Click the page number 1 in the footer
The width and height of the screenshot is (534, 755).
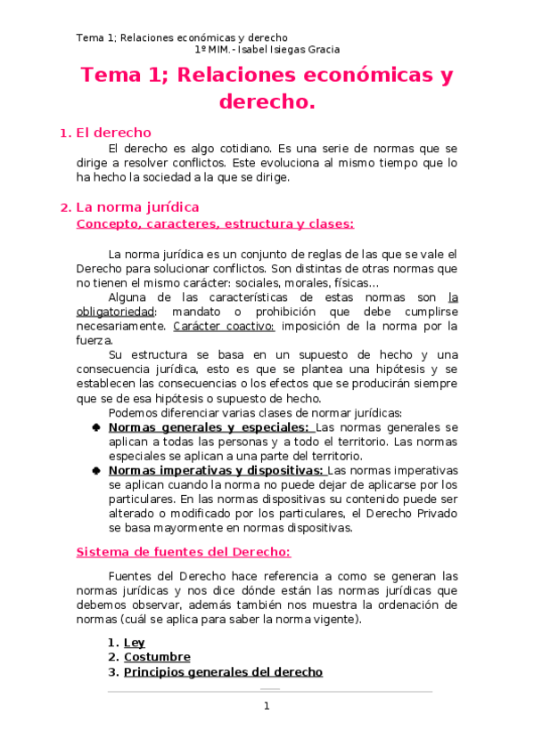tap(266, 706)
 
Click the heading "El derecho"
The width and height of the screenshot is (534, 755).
tap(113, 133)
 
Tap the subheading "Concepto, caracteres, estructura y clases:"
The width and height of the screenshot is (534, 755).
tap(215, 223)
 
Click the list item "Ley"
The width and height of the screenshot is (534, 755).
tap(134, 642)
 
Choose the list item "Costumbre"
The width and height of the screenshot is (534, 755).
tap(157, 657)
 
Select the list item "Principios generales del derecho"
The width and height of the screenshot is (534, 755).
tap(223, 672)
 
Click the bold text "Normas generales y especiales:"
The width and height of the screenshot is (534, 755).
tap(209, 427)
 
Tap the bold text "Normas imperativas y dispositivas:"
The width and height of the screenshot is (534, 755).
tap(215, 470)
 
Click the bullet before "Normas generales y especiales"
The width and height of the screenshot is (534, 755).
tap(95, 427)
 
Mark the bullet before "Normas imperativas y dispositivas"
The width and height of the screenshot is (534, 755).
tap(95, 470)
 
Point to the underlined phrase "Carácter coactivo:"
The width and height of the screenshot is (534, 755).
tap(211, 326)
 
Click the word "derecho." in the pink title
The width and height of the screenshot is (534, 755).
tap(267, 102)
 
